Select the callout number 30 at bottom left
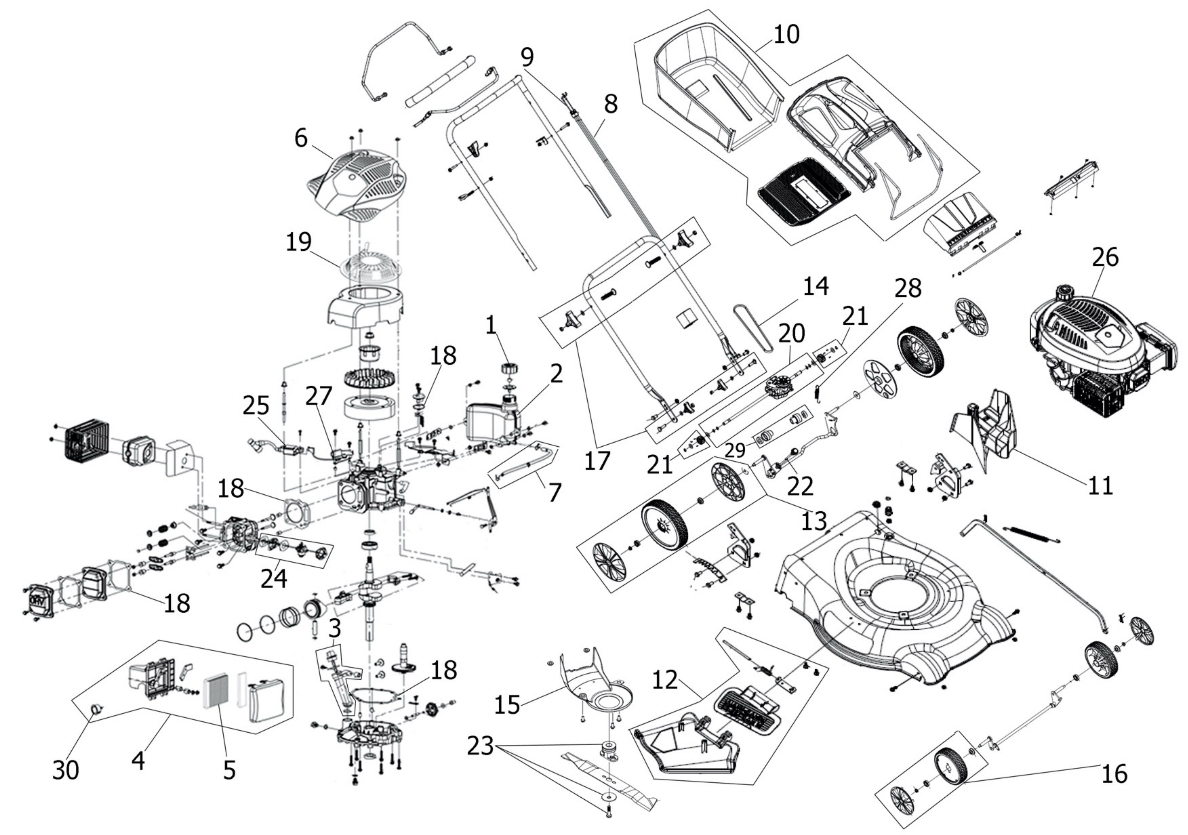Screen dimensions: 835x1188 click(66, 770)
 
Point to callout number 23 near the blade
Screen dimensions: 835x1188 click(480, 747)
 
